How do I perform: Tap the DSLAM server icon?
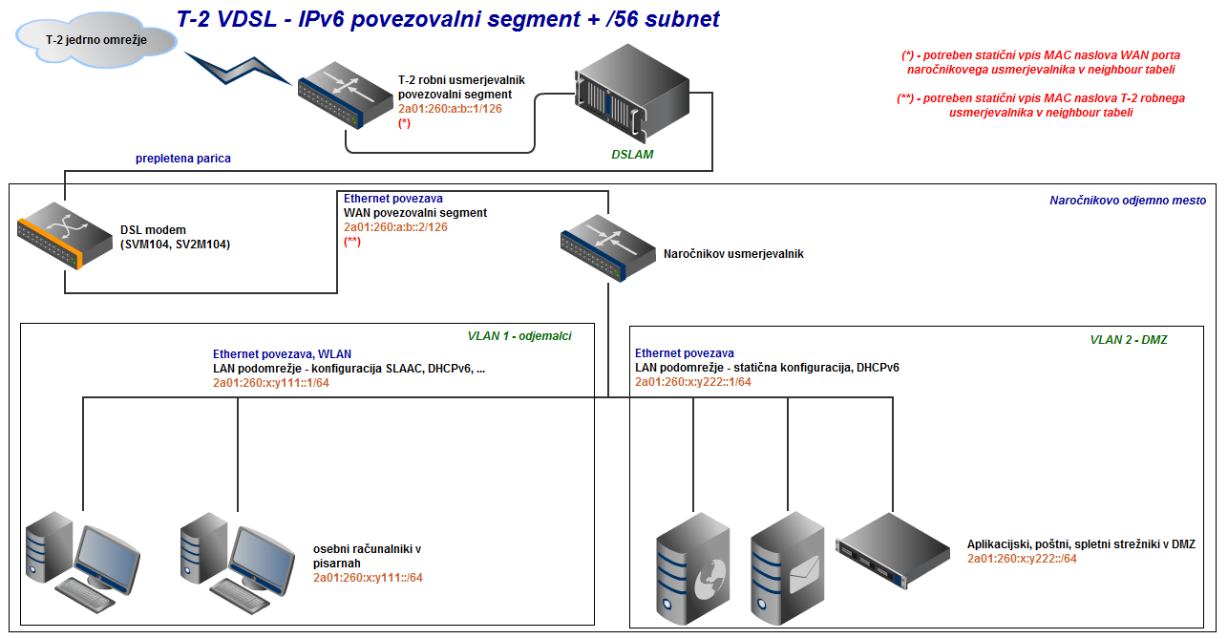631,94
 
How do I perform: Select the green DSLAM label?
632,154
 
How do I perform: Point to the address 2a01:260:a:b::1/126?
450,109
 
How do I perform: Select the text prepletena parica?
183,158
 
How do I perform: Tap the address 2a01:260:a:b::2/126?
395,227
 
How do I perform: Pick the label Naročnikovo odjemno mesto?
1128,201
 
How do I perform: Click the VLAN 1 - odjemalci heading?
519,336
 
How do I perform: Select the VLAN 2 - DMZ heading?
1129,339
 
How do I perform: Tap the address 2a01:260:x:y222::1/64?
693,382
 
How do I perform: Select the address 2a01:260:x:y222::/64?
1022,559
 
